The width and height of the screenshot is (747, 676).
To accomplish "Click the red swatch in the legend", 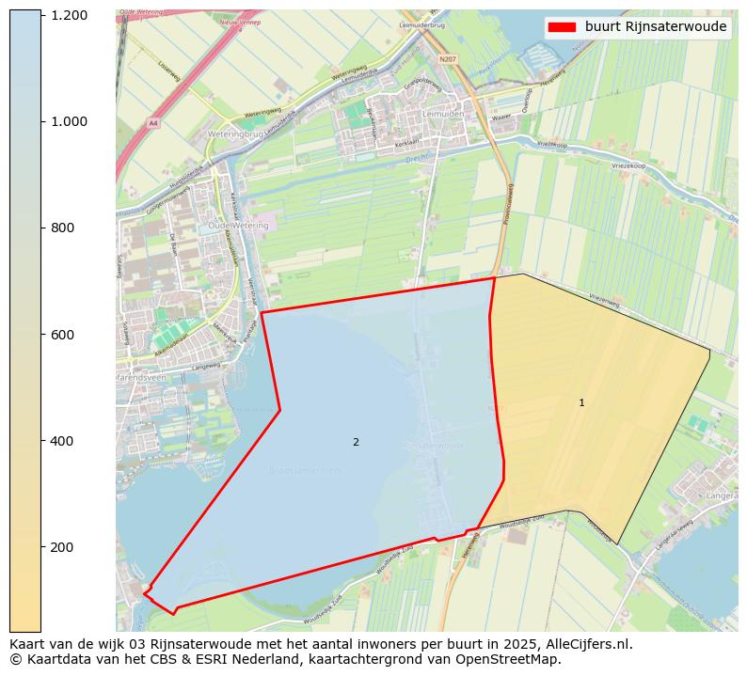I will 561,27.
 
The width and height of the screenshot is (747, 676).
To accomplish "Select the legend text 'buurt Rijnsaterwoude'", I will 655,27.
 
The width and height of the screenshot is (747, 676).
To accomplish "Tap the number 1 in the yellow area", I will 581,402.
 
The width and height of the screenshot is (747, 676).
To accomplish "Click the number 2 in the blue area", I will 356,442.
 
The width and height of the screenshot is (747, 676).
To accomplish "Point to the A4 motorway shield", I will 153,123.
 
